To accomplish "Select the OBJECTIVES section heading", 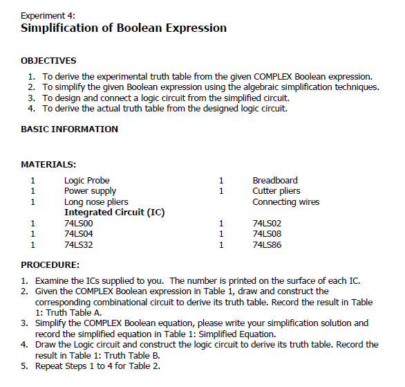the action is [48, 61].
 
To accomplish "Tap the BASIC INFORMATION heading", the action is [69, 129].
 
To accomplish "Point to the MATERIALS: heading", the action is [48, 164].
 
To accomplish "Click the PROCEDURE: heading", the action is [50, 264].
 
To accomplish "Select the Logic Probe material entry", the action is [87, 180].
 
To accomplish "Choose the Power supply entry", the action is [90, 190].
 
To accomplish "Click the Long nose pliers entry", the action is [96, 201].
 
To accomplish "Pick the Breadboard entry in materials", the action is [275, 180].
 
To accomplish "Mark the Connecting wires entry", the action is [285, 201].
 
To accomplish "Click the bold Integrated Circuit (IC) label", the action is [114, 212].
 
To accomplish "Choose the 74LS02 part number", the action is [267, 223].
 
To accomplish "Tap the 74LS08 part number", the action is [267, 233].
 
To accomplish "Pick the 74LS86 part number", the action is [267, 244].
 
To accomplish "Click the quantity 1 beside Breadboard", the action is [221, 180].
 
